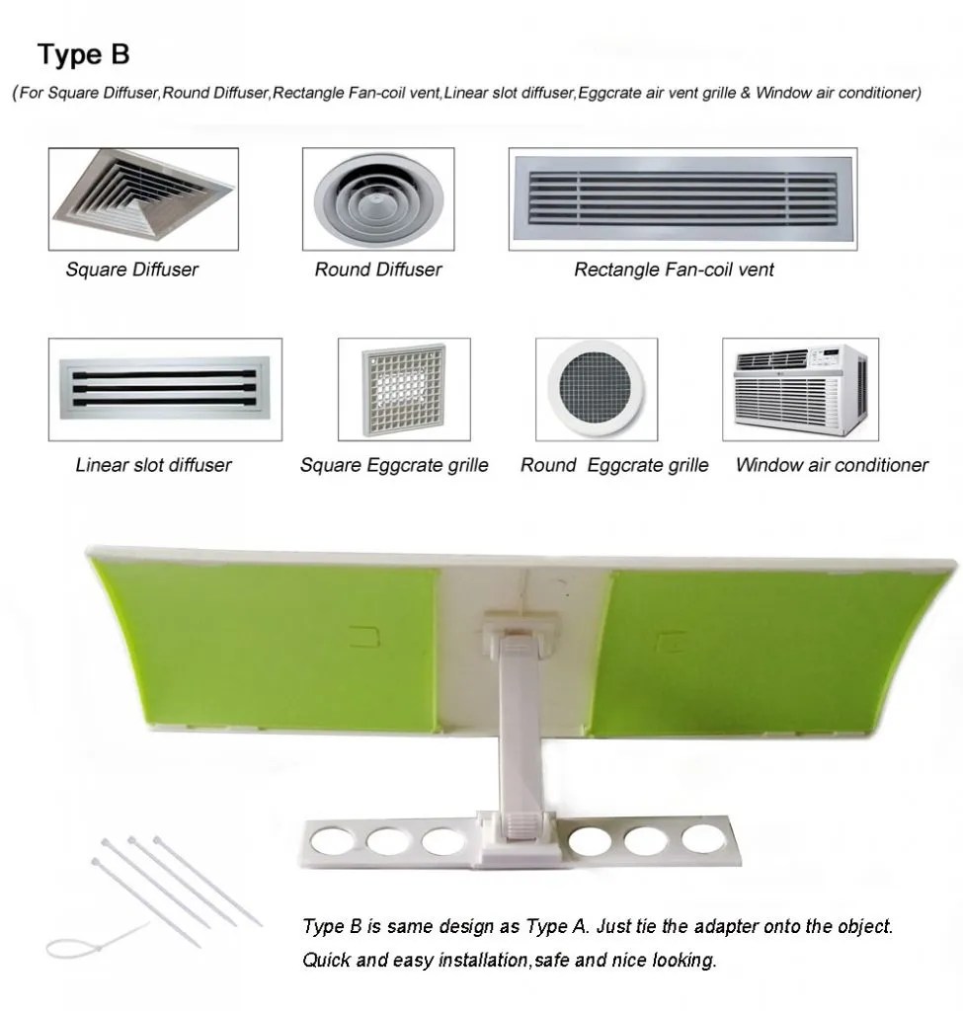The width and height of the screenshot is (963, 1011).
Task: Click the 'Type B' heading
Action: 84,55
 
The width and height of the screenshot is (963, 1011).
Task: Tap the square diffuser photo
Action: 143,199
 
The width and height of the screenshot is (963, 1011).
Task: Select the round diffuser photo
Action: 378,199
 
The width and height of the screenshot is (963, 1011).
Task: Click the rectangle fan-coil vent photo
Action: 683,199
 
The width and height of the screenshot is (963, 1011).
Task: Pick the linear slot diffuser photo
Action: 165,389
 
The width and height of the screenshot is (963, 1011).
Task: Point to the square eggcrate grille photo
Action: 404,389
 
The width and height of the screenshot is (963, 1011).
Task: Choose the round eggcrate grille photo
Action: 597,389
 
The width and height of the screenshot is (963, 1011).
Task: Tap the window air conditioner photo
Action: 800,389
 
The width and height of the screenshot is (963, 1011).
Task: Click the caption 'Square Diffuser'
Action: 132,270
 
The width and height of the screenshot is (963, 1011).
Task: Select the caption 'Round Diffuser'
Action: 378,270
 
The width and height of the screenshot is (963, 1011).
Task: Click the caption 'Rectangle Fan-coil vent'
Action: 674,270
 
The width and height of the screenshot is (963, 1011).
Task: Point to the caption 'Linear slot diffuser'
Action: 153,465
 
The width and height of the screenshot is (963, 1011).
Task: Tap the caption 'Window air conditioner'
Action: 832,465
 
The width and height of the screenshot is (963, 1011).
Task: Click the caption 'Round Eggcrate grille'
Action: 614,465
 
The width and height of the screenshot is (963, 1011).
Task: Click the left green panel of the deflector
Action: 271,645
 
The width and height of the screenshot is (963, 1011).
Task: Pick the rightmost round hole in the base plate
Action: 703,838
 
